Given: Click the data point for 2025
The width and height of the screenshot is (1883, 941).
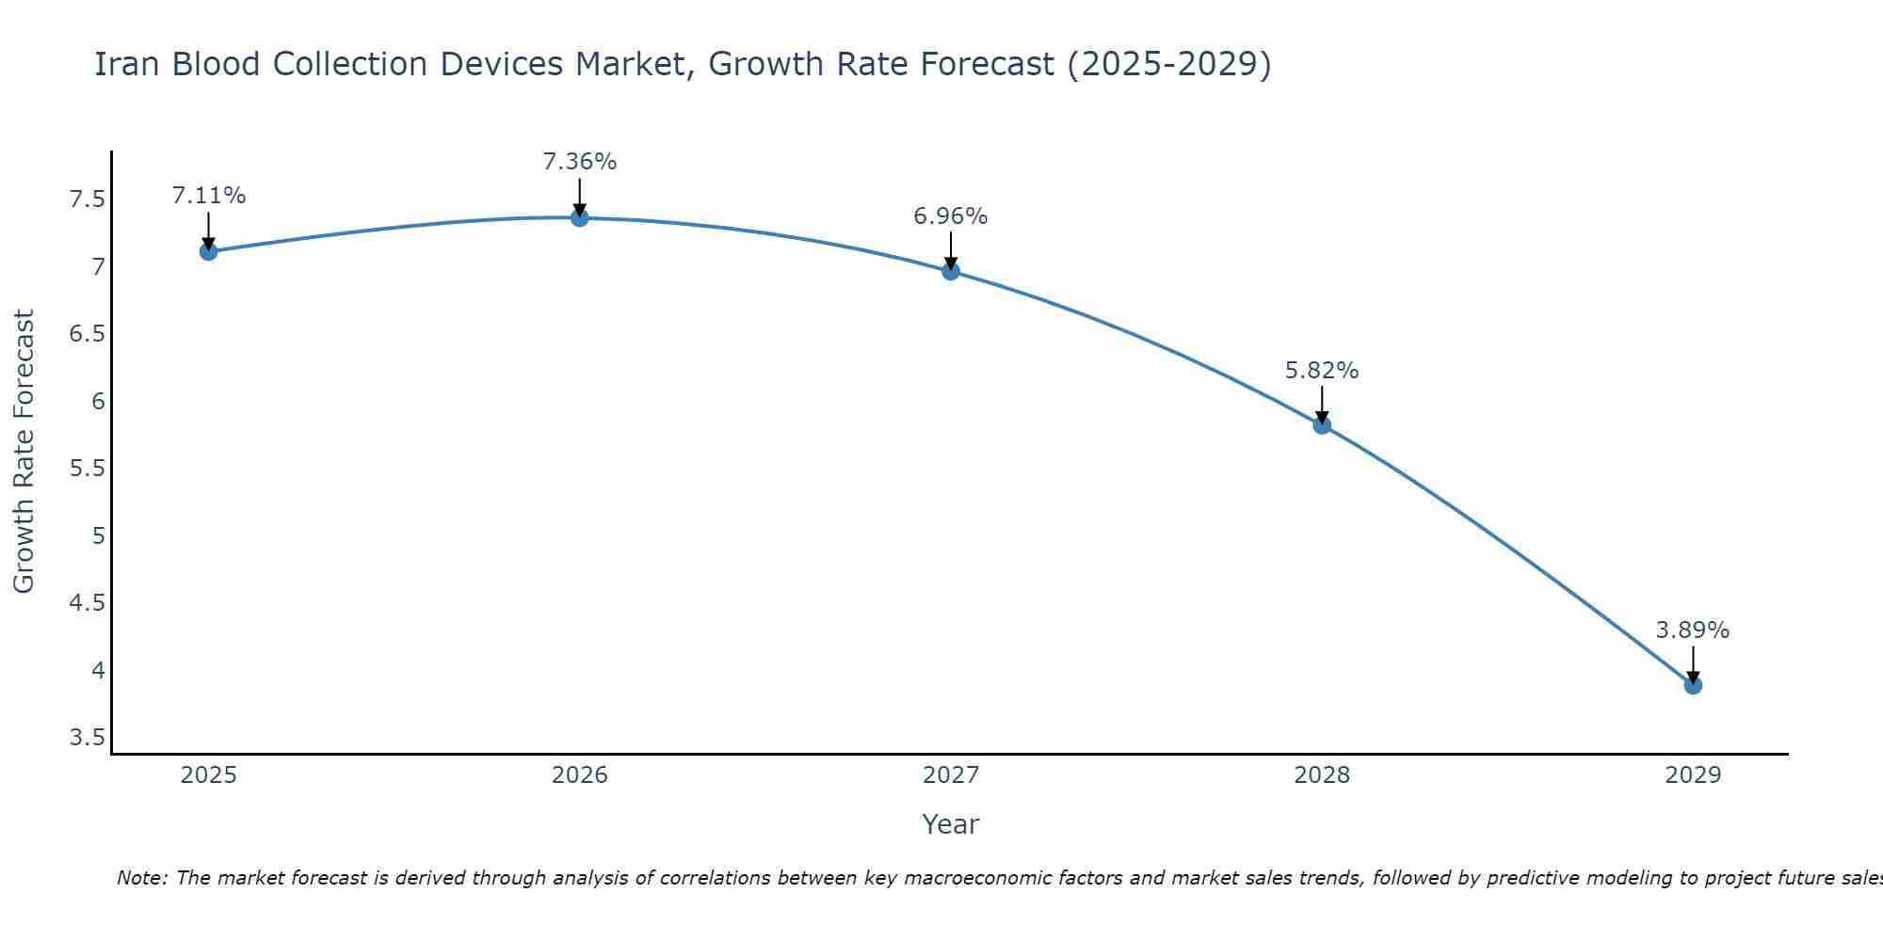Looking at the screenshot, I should point(209,251).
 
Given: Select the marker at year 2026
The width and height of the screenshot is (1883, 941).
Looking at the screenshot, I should point(580,218).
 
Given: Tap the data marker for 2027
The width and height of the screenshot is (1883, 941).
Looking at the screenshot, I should point(951,272).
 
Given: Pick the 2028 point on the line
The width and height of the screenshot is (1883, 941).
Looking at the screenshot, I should point(1322,425).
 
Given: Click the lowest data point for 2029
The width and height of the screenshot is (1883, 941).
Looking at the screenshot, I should point(1693,686).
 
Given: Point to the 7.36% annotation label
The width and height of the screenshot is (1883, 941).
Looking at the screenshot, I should point(580,162).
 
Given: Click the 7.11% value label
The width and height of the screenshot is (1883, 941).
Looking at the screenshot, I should point(209,196).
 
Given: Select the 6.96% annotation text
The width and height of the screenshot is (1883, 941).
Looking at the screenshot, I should point(951,216).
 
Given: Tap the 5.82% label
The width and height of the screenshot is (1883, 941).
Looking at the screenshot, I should point(1322,371).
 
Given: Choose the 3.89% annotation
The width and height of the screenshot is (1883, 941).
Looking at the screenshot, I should point(1693,630).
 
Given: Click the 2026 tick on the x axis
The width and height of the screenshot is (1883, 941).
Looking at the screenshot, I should point(580,775).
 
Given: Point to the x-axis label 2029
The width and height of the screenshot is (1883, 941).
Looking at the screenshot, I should point(1693,775).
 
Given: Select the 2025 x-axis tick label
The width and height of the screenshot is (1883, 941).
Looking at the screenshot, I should point(209,775).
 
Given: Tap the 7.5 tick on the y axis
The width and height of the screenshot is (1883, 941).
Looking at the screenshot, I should point(87,199).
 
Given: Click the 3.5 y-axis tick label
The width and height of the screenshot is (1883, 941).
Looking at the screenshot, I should point(87,737).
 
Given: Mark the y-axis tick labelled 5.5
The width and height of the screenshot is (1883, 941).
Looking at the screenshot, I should point(87,469).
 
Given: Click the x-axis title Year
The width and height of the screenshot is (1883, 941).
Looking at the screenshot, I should point(951,824).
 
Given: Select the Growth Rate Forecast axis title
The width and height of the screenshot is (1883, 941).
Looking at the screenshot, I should point(24,452).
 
